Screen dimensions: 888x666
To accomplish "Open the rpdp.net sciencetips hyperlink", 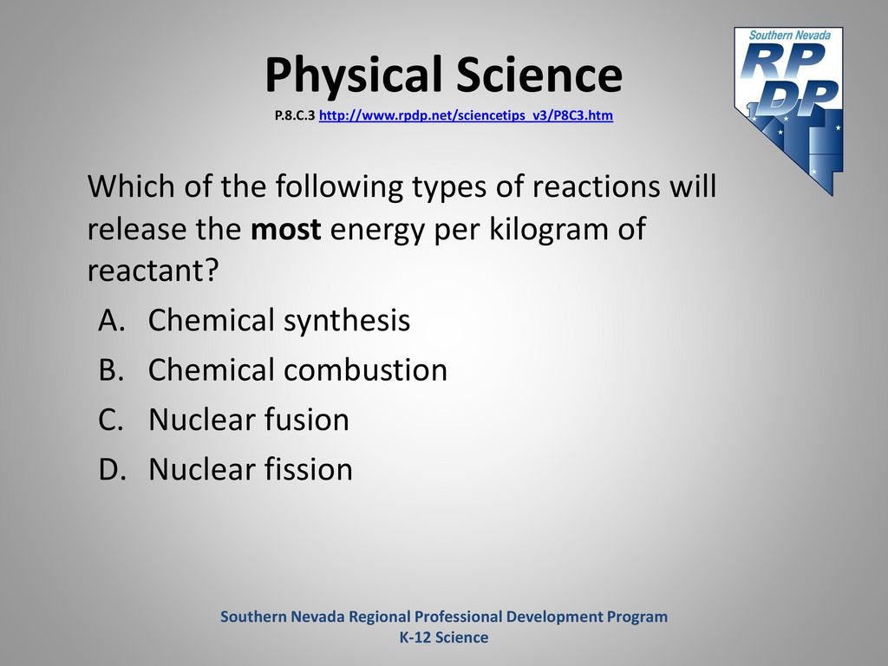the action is click(466, 115).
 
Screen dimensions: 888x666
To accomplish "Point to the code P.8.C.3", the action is click(295, 115).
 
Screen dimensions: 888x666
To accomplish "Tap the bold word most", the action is click(285, 229).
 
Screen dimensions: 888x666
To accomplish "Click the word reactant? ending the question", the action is click(153, 271).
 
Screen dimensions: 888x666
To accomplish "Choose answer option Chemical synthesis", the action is click(278, 321).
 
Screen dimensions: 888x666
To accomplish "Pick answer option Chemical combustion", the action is click(297, 369).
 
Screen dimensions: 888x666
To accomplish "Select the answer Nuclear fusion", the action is click(249, 419).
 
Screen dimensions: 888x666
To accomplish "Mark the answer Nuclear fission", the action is click(251, 469).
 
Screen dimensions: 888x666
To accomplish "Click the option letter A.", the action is click(111, 321).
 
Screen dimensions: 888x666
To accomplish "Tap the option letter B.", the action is click(111, 369).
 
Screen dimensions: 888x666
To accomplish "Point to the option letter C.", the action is click(111, 420).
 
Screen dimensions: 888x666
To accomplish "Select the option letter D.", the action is click(112, 469).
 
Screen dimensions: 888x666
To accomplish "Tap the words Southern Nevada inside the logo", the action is click(789, 35).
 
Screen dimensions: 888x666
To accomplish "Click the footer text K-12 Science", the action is click(444, 637).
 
